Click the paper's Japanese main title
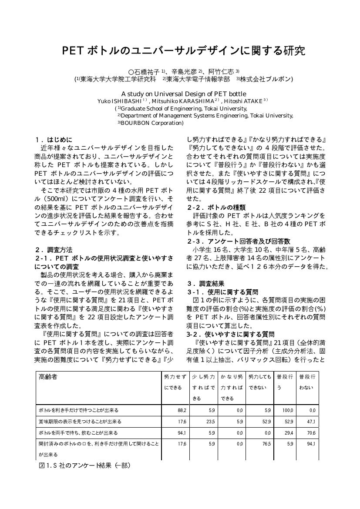tap(183, 50)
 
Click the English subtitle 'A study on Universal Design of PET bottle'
tap(183, 94)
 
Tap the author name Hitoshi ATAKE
tap(249, 101)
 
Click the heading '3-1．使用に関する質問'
tap(222, 292)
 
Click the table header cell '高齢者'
tap(48, 377)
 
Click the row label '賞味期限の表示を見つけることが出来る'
tap(80, 422)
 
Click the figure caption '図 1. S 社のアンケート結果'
tap(85, 465)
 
